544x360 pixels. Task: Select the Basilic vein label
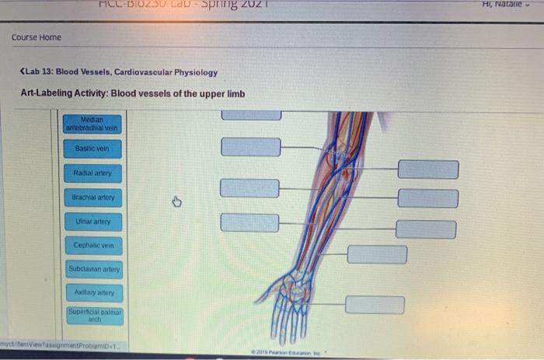pos(92,148)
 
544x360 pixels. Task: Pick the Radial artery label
pos(92,173)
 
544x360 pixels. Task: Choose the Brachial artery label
pos(92,197)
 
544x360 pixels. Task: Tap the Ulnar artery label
pos(92,222)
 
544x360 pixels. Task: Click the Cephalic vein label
pos(92,246)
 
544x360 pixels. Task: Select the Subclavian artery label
pos(92,270)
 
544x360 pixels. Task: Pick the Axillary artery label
pos(92,293)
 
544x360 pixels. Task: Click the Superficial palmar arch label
pos(92,316)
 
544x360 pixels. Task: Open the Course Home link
pos(36,37)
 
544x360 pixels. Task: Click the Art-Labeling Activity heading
pos(133,94)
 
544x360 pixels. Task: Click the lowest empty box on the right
pos(375,304)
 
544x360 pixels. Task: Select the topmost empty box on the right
pos(428,170)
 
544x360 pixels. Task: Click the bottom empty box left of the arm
pos(249,222)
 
